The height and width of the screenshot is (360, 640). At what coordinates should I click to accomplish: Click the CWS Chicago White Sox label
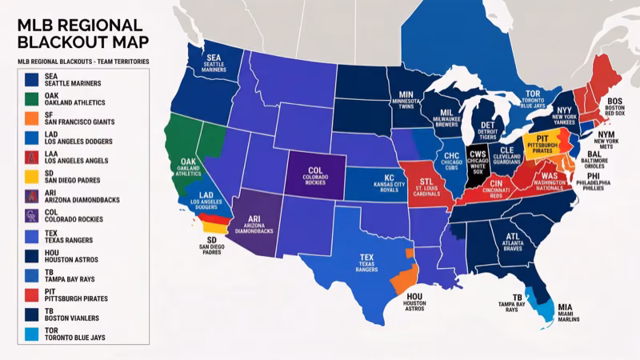(478, 158)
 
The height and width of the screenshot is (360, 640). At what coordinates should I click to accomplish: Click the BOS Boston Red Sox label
(617, 107)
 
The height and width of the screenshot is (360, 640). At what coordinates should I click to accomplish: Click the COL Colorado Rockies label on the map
(315, 174)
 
